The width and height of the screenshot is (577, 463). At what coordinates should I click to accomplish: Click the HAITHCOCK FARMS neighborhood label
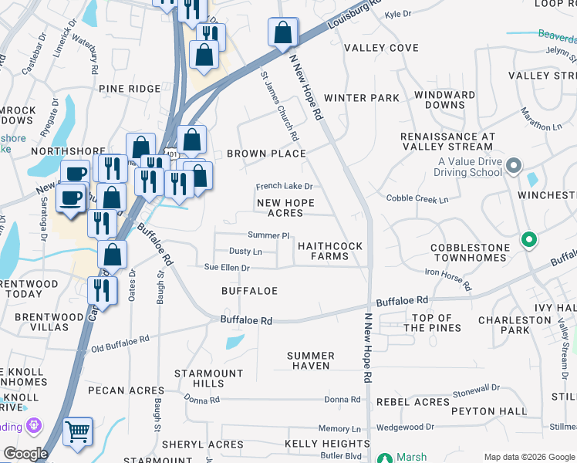coord(330,252)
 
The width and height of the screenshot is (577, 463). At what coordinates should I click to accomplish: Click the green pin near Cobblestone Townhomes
coord(528,240)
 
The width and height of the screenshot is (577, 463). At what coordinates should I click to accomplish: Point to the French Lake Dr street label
coord(284,187)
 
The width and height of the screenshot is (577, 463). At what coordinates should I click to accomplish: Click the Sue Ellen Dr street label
coord(227,268)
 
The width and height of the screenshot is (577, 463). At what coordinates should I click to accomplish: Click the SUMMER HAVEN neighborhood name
coord(309,360)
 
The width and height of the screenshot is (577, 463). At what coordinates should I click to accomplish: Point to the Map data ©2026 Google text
coord(529,458)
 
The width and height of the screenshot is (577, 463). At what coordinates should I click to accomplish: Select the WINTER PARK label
coord(362,98)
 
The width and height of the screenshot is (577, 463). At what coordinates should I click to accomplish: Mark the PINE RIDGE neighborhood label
coord(130,89)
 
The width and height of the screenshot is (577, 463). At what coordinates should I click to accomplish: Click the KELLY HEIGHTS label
coord(327,444)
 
